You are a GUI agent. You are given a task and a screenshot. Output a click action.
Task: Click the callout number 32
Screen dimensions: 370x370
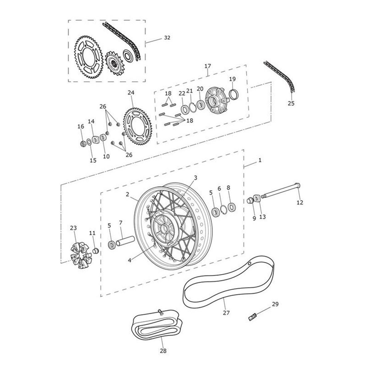point(167,38)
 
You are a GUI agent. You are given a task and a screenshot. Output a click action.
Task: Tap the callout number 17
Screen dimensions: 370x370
point(208,66)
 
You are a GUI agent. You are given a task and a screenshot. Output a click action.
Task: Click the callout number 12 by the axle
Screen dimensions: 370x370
point(300,202)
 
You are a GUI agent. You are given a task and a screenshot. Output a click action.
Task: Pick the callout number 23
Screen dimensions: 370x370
point(73,228)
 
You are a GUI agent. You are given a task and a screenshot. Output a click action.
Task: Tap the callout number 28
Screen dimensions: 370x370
point(163,351)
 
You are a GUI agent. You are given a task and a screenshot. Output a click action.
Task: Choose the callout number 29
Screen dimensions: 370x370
point(275,304)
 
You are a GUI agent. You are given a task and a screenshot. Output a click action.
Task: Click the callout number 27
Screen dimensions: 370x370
point(226,313)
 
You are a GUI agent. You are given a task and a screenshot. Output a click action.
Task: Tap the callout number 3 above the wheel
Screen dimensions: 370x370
point(195,178)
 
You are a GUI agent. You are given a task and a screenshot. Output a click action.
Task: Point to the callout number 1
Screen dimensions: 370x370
point(260,160)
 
